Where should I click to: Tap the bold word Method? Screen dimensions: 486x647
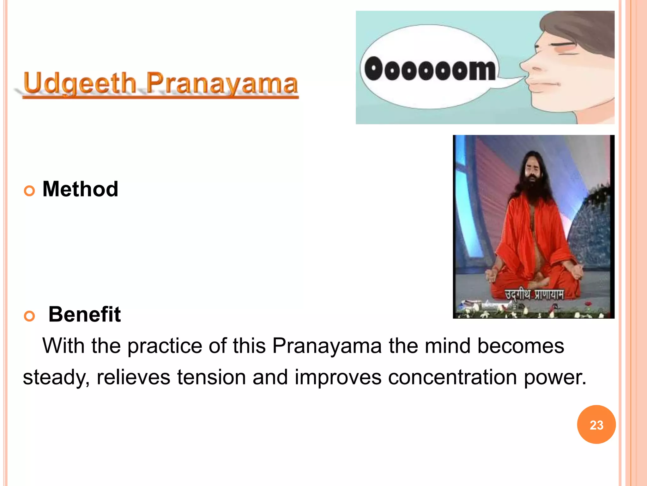click(x=80, y=189)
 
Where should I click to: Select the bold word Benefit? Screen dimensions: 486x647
click(x=84, y=315)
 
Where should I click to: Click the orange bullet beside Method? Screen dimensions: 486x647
click(x=29, y=191)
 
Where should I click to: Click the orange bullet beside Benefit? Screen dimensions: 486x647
click(x=29, y=316)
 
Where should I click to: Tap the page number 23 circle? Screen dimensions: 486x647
click(x=596, y=425)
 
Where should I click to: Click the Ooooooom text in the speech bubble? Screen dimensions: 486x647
click(x=430, y=69)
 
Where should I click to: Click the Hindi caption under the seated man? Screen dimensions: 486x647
click(x=534, y=295)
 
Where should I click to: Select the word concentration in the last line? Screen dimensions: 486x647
click(x=452, y=377)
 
